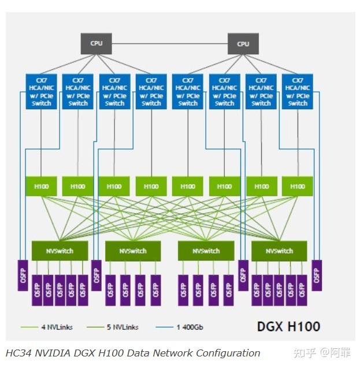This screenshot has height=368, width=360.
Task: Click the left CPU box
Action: (95, 43)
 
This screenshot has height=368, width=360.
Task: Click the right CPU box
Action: (243, 43)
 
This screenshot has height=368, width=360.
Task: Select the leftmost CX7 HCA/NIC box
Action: (42, 91)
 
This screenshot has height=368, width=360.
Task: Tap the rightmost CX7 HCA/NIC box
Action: (298, 91)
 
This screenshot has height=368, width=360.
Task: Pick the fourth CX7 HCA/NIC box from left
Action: (151, 91)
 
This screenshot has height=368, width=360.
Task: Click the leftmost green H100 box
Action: (41, 186)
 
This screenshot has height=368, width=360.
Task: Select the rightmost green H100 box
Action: (298, 186)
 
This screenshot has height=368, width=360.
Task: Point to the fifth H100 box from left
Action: (188, 186)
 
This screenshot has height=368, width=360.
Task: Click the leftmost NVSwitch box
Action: (60, 251)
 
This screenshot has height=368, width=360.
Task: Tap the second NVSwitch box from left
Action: (133, 251)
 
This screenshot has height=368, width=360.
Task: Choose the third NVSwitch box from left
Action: (206, 251)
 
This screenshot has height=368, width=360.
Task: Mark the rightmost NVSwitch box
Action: (280, 251)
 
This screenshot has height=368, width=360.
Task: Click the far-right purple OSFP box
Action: (316, 274)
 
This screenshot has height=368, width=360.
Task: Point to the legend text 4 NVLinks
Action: (57, 327)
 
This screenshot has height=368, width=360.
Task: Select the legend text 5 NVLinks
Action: (122, 327)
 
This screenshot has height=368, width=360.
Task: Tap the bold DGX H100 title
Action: (288, 326)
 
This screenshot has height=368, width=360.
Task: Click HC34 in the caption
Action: (18, 353)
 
